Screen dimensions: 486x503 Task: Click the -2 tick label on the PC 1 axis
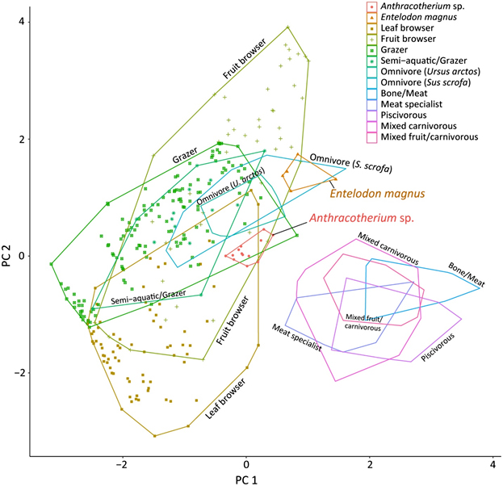click(123, 467)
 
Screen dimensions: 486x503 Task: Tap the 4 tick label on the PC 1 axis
click(493, 467)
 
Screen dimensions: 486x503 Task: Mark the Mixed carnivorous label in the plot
click(388, 249)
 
